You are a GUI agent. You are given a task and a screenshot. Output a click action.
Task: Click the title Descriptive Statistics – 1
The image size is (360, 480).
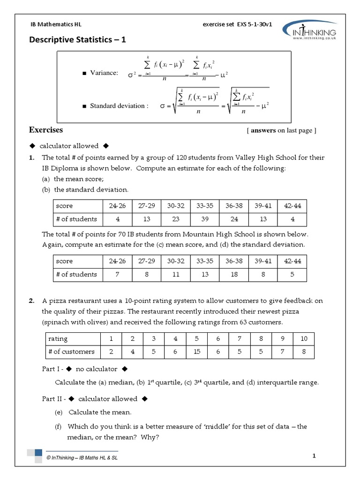78,41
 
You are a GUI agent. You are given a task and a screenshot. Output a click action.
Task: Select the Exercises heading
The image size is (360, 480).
46,130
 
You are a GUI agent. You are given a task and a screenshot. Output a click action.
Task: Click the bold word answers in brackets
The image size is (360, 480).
263,131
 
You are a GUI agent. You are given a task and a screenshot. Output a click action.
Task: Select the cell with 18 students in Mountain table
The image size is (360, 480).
233,274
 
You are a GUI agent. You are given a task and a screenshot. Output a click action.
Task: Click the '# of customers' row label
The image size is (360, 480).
71,352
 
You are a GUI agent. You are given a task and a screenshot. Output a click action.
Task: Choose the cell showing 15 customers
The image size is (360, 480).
197,352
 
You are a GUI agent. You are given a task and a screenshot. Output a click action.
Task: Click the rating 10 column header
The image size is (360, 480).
303,338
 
